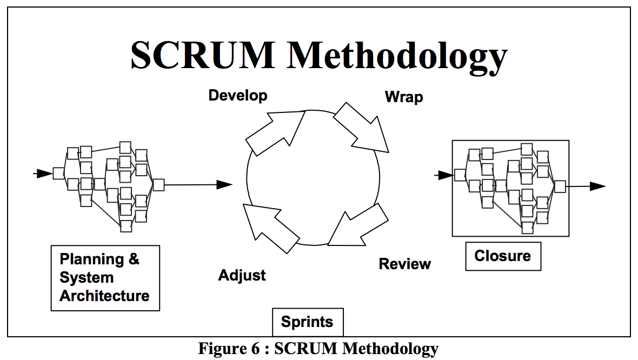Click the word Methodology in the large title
pyautogui.click(x=397, y=56)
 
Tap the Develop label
pyautogui.click(x=238, y=96)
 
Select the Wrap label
pyautogui.click(x=403, y=97)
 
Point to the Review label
pyautogui.click(x=404, y=264)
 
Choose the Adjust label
pyautogui.click(x=242, y=275)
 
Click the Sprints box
pyautogui.click(x=307, y=322)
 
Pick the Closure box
pyautogui.click(x=502, y=256)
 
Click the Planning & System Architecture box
pyautogui.click(x=105, y=278)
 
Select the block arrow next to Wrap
pyautogui.click(x=361, y=128)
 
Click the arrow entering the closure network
pyautogui.click(x=444, y=175)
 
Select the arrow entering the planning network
pyautogui.click(x=43, y=174)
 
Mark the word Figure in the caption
pyautogui.click(x=220, y=349)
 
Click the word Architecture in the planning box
pyautogui.click(x=104, y=296)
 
